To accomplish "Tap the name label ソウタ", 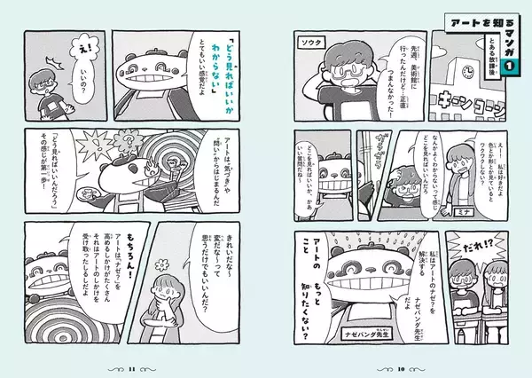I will pos(310,41).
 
